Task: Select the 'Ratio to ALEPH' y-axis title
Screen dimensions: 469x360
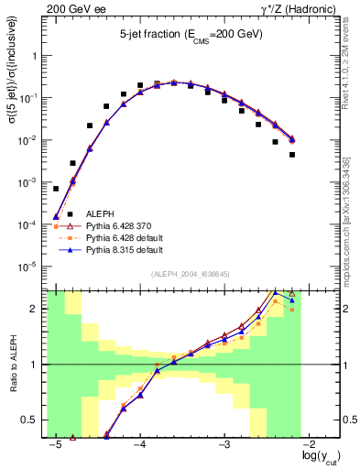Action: (12, 365)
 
